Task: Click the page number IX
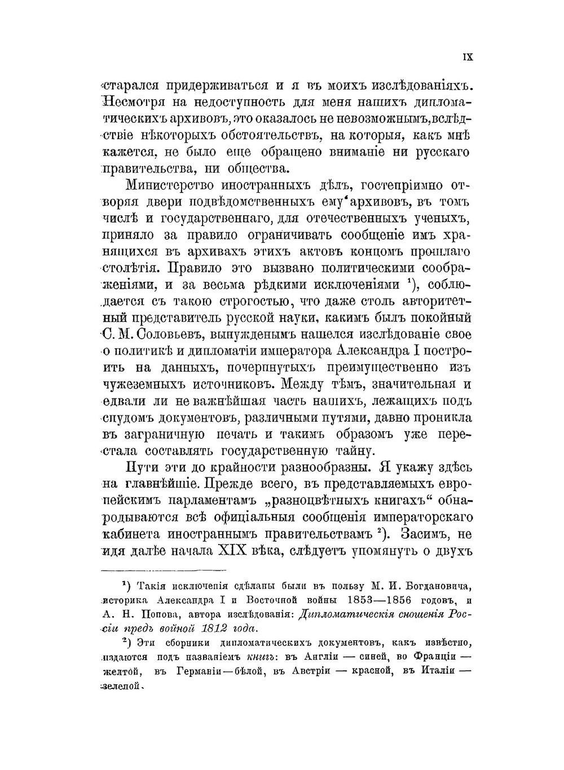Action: click(468, 57)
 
